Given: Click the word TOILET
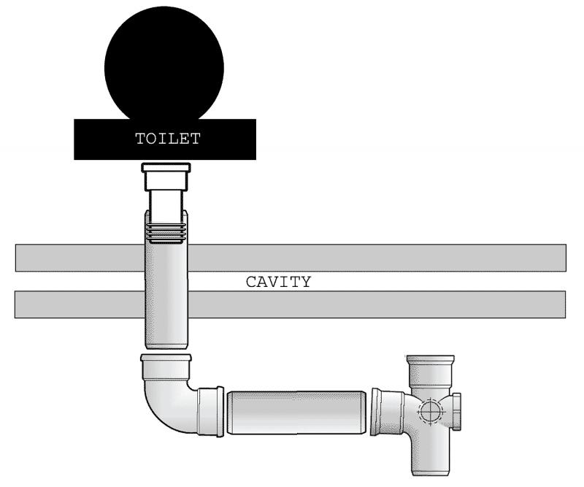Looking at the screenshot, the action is pyautogui.click(x=168, y=139).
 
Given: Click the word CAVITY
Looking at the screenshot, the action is pyautogui.click(x=278, y=282).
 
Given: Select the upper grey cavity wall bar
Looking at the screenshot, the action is pyautogui.click(x=291, y=258).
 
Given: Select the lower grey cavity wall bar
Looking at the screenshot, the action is pyautogui.click(x=291, y=304).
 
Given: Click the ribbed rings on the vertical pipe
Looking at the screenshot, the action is pyautogui.click(x=166, y=233).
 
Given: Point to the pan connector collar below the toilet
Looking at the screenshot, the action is pyautogui.click(x=166, y=177).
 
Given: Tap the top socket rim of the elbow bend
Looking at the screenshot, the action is pyautogui.click(x=166, y=358).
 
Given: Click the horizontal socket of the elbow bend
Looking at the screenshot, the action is pyautogui.click(x=210, y=411).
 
